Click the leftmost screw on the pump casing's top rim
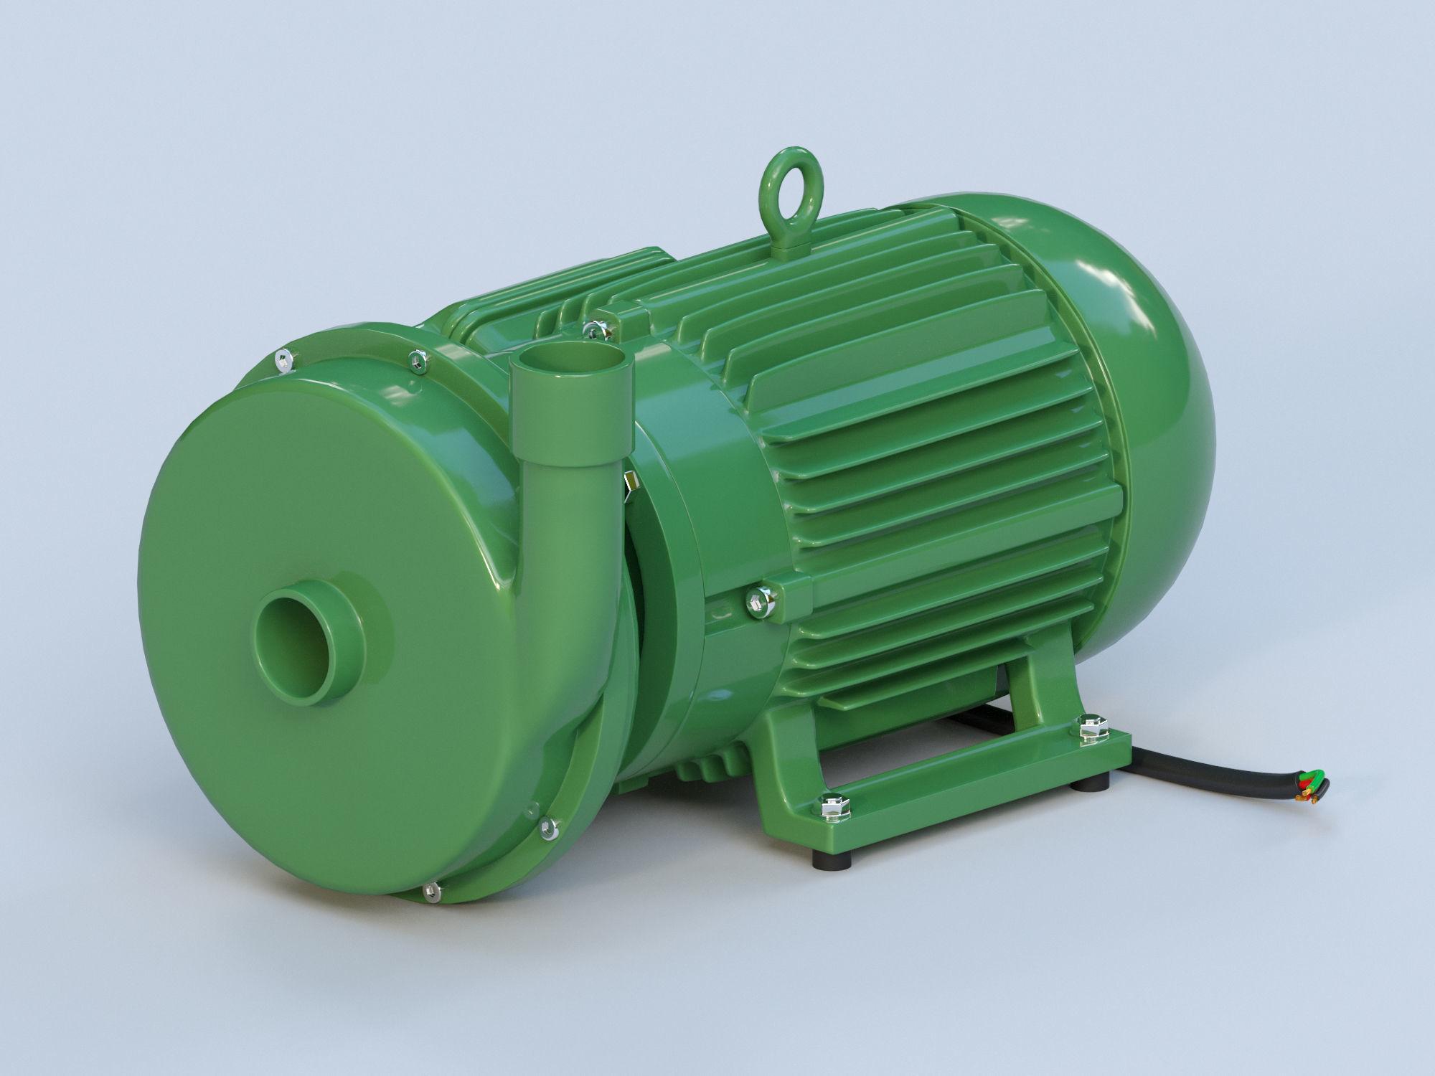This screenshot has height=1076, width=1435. click(284, 360)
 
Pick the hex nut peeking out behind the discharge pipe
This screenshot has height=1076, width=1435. click(630, 481)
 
